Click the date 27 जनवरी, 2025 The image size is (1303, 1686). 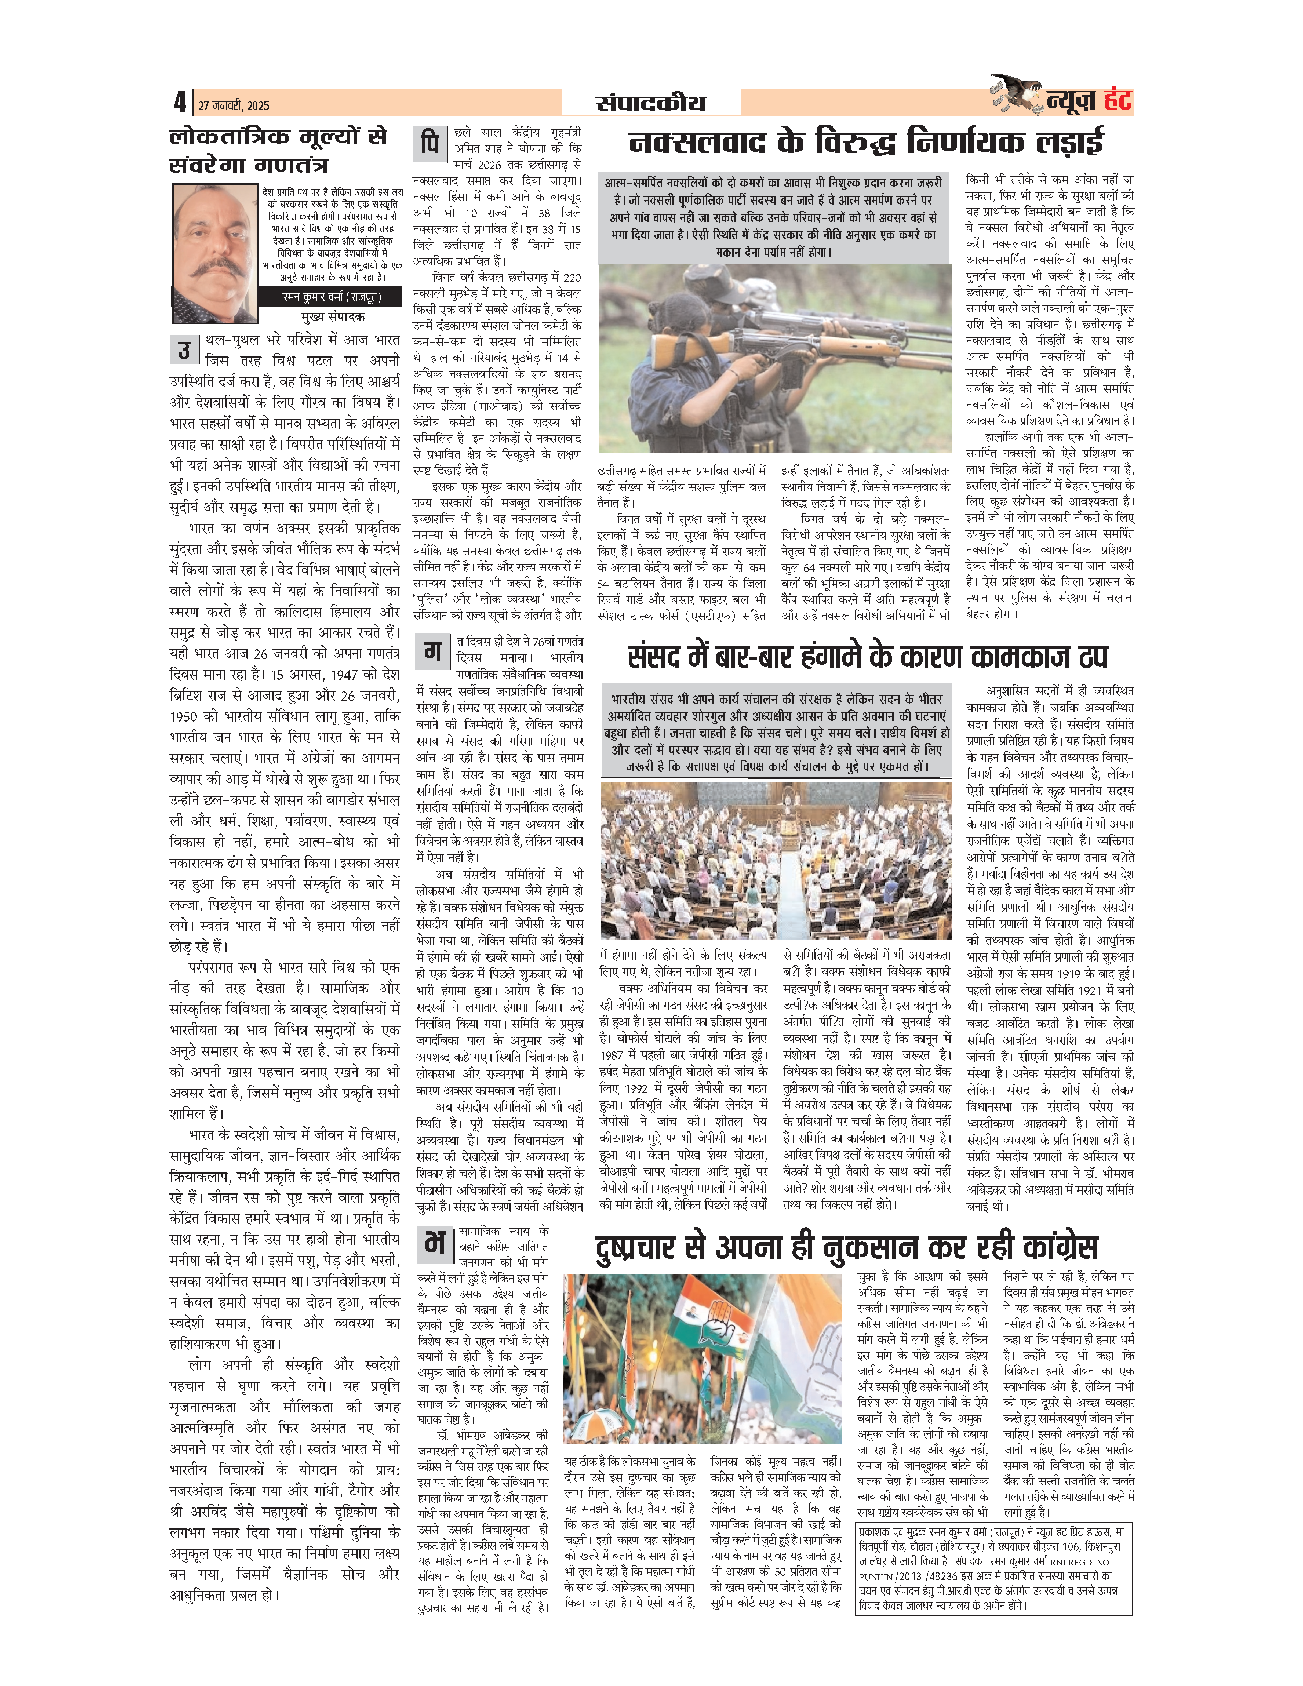click(x=233, y=105)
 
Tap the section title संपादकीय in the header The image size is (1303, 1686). click(x=650, y=103)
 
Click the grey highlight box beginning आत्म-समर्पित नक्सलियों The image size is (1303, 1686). click(x=774, y=217)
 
